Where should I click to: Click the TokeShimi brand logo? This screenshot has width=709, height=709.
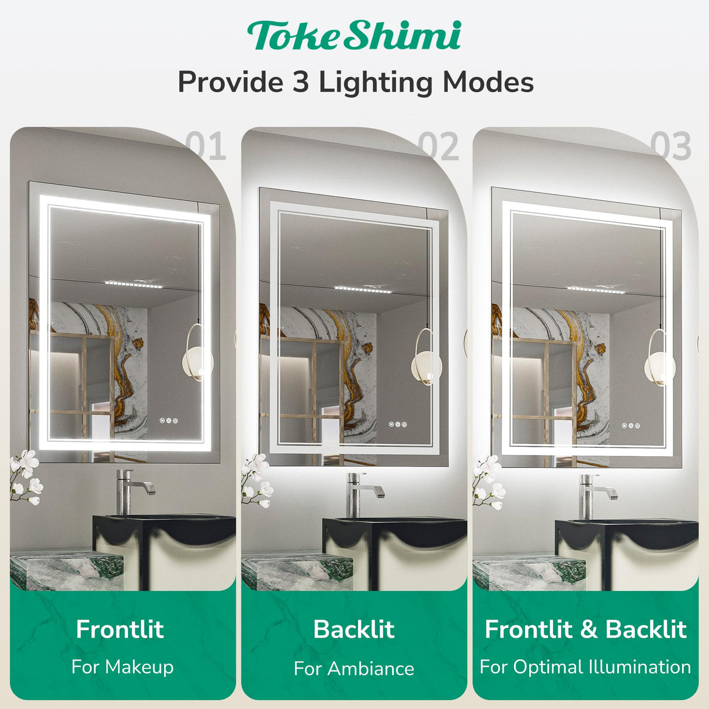coord(354,36)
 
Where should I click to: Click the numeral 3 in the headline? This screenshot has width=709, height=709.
coord(300,82)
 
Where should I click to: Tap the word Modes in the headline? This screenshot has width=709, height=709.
coord(488,82)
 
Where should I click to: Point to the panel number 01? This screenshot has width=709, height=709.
coord(206,146)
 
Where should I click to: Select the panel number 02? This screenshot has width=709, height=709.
coord(438,146)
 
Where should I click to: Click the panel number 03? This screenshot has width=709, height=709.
coord(670,146)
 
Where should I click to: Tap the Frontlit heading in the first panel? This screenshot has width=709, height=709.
coord(120,629)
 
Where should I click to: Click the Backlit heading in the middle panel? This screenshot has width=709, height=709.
coord(354,629)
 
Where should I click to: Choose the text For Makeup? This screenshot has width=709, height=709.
coord(122,666)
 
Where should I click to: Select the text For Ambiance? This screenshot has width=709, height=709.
coord(354,668)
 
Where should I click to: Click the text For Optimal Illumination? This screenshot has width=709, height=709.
coord(585,666)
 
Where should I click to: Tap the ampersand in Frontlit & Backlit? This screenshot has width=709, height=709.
coord(589,630)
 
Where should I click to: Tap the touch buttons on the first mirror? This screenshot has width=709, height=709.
coord(169,420)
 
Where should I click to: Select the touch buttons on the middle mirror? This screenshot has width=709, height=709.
coord(398,425)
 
